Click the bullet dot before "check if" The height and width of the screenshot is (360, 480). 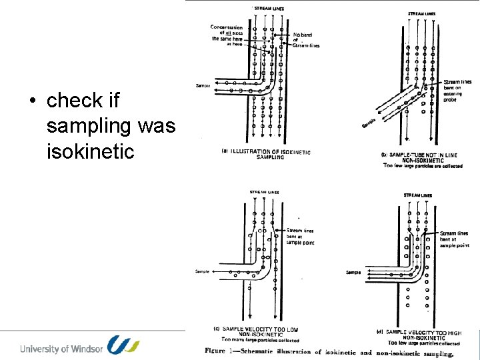[x=32, y=101]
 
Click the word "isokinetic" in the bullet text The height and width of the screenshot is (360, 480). [x=91, y=151]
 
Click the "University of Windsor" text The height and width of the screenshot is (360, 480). [x=61, y=348]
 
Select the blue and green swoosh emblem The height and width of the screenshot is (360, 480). [x=124, y=345]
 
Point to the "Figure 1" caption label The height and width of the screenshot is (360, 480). [x=225, y=351]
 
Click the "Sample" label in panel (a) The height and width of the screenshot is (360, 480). [x=203, y=85]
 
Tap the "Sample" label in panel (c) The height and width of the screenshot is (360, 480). [x=203, y=271]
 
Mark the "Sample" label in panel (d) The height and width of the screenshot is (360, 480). [x=353, y=272]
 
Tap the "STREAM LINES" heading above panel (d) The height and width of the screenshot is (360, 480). [x=417, y=195]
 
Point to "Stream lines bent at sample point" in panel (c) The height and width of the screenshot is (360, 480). [x=300, y=237]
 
